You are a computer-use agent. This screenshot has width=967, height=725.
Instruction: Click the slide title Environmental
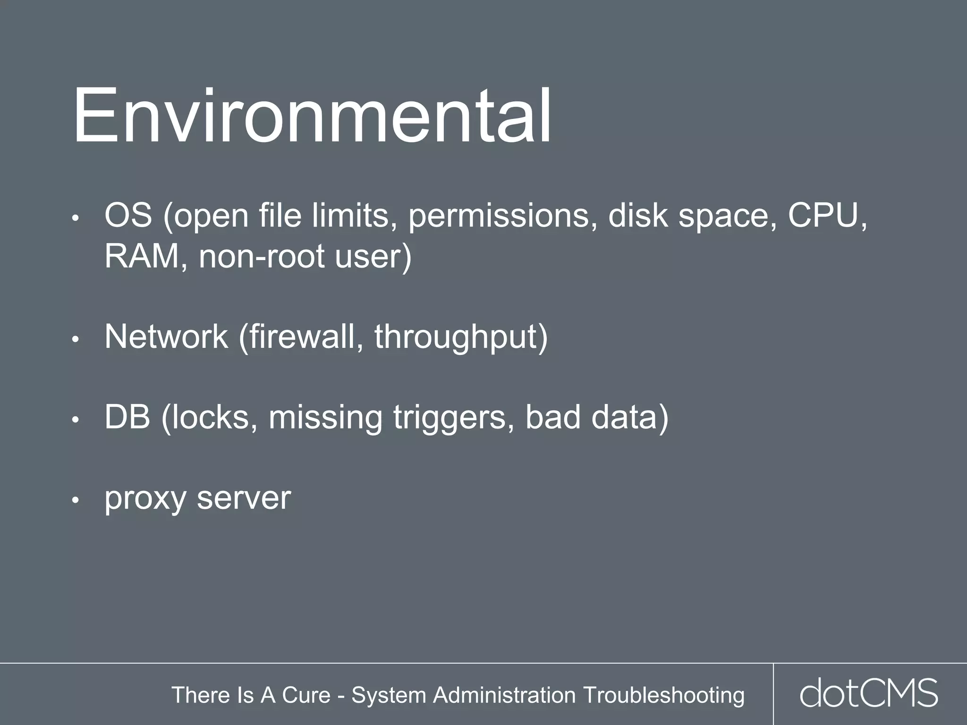point(312,117)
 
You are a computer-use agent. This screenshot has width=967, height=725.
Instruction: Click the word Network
point(166,337)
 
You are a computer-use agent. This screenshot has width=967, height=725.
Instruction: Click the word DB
point(127,417)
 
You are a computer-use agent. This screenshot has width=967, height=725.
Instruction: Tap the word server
point(244,498)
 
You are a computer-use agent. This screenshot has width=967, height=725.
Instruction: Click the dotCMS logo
point(869,693)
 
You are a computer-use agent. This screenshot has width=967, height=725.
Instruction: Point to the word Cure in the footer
point(306,695)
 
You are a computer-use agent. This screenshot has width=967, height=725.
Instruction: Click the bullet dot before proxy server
point(75,500)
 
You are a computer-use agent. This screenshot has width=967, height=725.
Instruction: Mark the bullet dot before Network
point(75,339)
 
